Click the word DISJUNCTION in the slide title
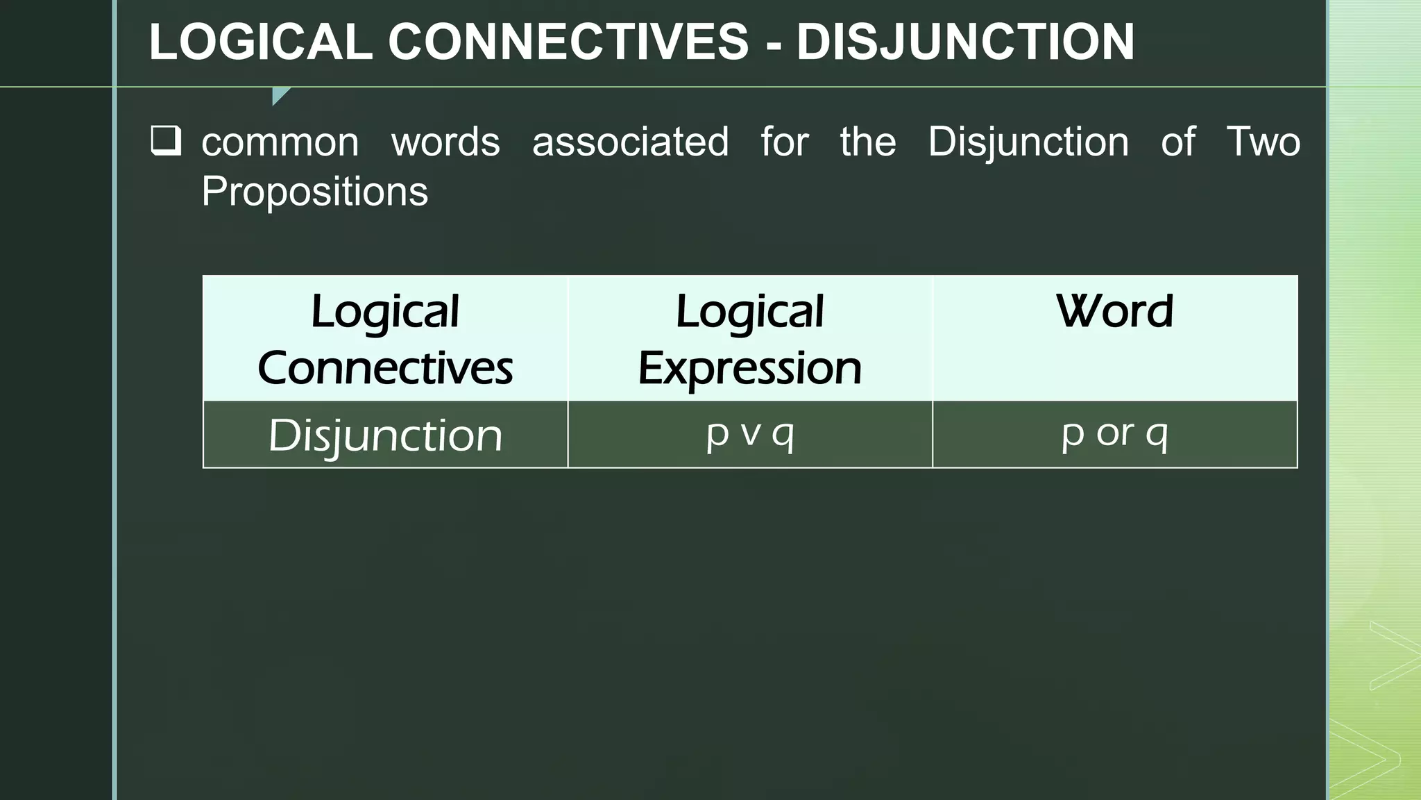[x=965, y=42]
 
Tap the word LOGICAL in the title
[x=261, y=42]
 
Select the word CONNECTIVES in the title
[x=568, y=42]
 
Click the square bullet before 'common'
[x=166, y=141]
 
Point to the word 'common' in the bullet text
[x=280, y=142]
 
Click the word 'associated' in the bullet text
[x=630, y=142]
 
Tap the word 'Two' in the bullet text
[x=1263, y=142]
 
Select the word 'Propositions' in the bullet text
[x=315, y=192]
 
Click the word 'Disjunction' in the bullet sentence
[x=1028, y=142]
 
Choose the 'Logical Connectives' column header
[x=385, y=339]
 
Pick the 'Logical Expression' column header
[x=750, y=339]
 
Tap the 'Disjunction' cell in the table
[x=385, y=435]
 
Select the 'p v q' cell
[x=750, y=434]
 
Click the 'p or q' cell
[x=1114, y=434]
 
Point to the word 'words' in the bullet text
[x=445, y=142]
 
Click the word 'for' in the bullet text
[x=785, y=142]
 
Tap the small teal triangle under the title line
[x=280, y=95]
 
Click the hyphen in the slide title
[x=774, y=43]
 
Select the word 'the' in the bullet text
[x=868, y=142]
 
